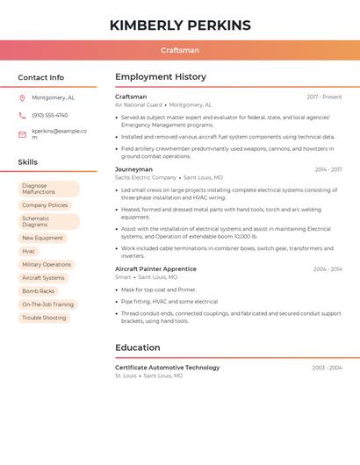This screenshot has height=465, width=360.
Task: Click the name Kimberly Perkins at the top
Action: tap(180, 25)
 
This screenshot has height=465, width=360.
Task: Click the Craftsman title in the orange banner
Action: tap(180, 51)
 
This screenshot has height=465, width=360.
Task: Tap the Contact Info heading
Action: tap(41, 77)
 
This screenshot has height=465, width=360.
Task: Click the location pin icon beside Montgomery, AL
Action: tap(22, 97)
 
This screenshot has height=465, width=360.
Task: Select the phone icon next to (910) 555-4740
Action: tap(22, 115)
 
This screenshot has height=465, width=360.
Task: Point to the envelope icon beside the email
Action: tap(22, 134)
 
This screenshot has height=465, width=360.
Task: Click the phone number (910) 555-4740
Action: tap(50, 115)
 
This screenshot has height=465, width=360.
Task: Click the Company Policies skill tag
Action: tap(45, 205)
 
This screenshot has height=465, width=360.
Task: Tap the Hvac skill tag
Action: tap(29, 251)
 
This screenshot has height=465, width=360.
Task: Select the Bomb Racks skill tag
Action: tap(39, 290)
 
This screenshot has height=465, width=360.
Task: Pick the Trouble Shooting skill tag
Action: tap(44, 318)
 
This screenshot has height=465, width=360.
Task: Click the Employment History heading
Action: tap(161, 77)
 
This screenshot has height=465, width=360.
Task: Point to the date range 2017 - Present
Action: tap(324, 97)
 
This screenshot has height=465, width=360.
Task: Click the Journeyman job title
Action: tap(133, 169)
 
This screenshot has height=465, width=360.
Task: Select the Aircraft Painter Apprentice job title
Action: tap(155, 268)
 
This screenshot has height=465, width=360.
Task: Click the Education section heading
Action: tap(138, 347)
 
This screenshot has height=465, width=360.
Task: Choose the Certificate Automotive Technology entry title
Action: tap(168, 368)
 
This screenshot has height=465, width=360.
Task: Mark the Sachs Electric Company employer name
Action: tap(146, 177)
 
